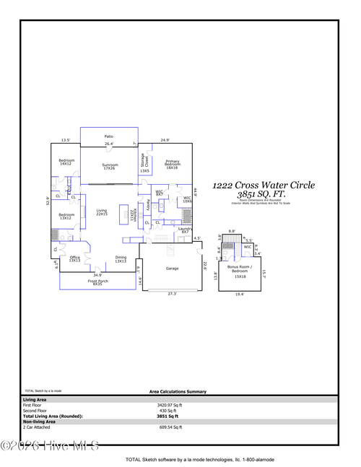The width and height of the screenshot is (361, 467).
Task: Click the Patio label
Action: tap(108, 136)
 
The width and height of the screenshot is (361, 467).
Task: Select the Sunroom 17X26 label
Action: tap(109, 167)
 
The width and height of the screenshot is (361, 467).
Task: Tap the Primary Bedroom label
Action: tap(172, 163)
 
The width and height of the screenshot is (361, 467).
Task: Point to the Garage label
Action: tap(172, 268)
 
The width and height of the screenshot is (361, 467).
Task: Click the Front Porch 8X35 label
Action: tap(97, 282)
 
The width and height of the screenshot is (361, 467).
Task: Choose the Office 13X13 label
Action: tap(74, 258)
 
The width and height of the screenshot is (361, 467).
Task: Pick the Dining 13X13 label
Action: tap(121, 258)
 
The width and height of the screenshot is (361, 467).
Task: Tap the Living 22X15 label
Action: tap(101, 212)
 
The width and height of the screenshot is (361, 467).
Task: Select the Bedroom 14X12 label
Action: tap(66, 162)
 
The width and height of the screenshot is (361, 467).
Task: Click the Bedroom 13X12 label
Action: tap(66, 217)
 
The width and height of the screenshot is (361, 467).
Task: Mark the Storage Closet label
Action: tap(144, 162)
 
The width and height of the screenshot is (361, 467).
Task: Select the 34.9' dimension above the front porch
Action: tap(97, 275)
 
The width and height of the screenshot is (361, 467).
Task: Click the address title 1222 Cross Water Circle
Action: tap(263, 186)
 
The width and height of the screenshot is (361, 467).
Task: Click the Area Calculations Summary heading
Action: tap(178, 391)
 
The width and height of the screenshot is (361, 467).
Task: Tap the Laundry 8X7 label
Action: tap(184, 230)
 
